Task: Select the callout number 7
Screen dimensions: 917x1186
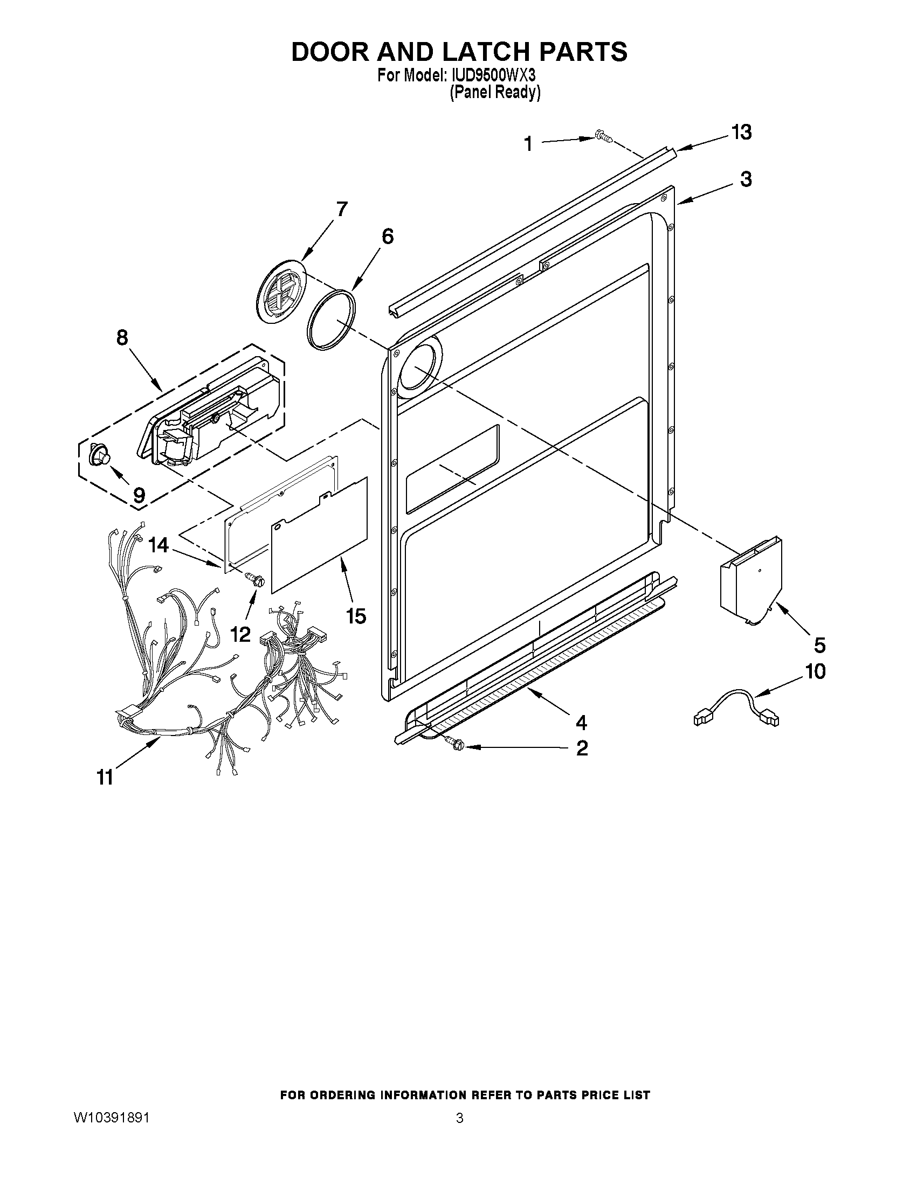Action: click(x=341, y=209)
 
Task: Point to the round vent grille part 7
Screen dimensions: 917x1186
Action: click(x=281, y=292)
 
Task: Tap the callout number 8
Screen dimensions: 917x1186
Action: click(x=122, y=337)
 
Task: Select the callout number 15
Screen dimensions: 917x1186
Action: click(x=356, y=616)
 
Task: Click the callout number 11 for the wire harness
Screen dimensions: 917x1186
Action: click(x=105, y=778)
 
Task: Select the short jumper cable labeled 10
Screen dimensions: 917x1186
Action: click(x=736, y=708)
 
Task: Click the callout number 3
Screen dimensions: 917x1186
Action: click(x=746, y=179)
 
